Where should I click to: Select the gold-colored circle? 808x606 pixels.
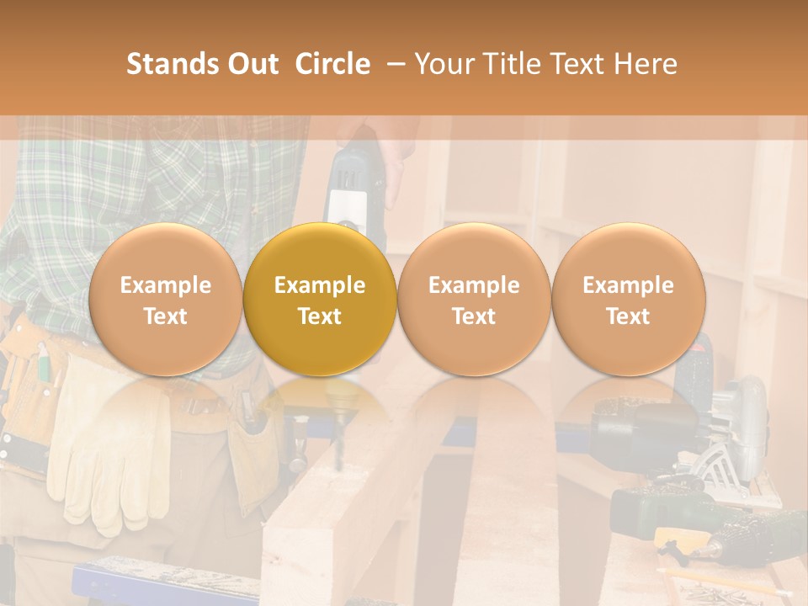click(x=320, y=299)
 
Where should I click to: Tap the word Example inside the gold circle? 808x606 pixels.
click(x=320, y=285)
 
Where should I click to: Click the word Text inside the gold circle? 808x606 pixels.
click(x=320, y=316)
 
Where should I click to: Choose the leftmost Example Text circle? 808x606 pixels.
click(x=165, y=299)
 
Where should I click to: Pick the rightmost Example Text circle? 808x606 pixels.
click(x=628, y=299)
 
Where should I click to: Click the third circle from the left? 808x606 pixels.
click(x=474, y=299)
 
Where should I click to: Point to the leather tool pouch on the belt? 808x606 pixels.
click(x=34, y=396)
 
